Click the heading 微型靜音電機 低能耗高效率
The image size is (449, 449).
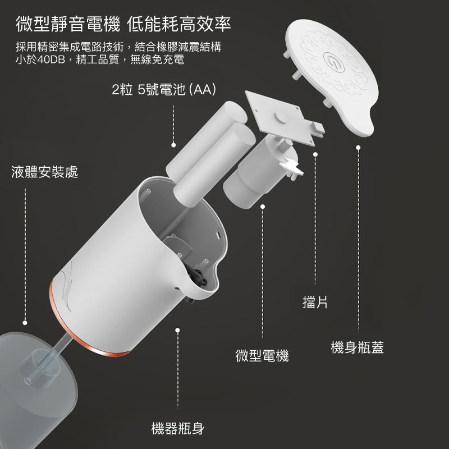pos(123,25)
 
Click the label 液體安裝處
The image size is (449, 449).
pos(45,172)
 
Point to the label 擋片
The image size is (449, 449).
pos(315,303)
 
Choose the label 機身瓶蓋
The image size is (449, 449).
pos(358,347)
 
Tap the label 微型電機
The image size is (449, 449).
pos(262,355)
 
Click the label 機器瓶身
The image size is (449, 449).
pos(178,429)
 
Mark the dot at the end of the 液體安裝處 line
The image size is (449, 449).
pos(25,323)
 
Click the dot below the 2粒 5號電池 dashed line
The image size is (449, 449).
pos(174,145)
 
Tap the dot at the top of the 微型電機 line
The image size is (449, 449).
pos(262,206)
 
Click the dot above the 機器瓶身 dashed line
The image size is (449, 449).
pos(178,329)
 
